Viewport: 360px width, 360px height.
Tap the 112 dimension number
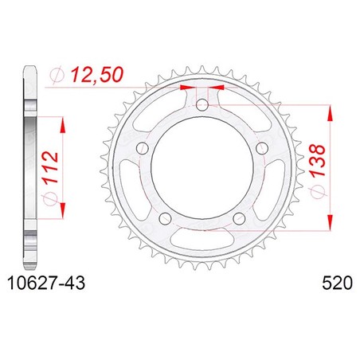coord(50,167)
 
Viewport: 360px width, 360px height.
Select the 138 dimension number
coord(317,161)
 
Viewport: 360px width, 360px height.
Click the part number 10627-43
coord(46,283)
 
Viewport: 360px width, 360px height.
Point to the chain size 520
coord(337,283)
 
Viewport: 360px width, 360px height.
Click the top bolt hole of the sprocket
coord(202,105)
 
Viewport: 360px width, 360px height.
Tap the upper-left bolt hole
coord(143,148)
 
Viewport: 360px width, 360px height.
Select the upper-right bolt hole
coord(262,148)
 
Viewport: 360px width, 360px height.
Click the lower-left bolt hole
coord(165,218)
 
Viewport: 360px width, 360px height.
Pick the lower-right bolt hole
coord(239,218)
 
